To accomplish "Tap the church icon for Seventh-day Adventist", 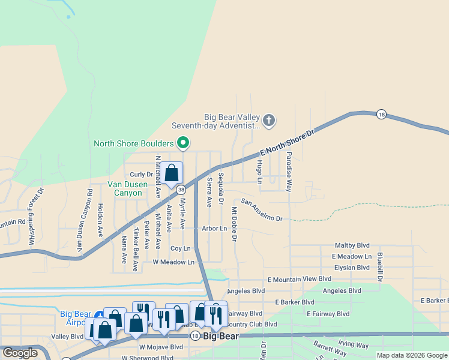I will pos(269,121).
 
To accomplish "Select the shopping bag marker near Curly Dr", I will pos(171,173).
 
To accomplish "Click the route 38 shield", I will pos(181,188).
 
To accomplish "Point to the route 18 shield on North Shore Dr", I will pos(381,114).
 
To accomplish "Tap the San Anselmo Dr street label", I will pos(262,210).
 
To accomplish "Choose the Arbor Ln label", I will pos(214,229).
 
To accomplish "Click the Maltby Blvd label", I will pos(352,246).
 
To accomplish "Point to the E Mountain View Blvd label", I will pos(300,279).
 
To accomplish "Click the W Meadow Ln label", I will pos(173,262).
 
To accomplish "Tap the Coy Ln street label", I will pos(180,248).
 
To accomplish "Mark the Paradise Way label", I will pos(289,172).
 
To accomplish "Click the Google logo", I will pos(20,353).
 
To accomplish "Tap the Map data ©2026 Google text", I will pos(411,355).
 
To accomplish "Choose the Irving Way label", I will pos(353,345).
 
